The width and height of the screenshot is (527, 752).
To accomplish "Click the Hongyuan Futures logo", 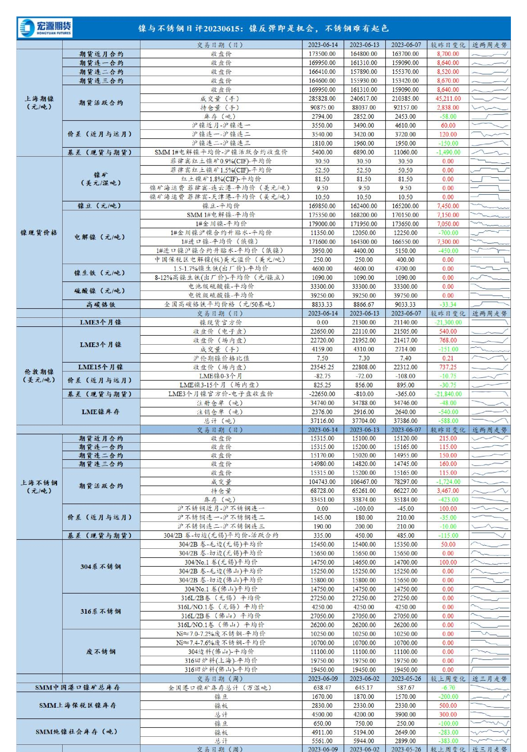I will tap(45, 28).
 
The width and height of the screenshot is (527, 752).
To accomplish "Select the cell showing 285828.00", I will tap(322, 98).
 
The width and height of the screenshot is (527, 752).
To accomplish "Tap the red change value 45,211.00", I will tap(448, 98).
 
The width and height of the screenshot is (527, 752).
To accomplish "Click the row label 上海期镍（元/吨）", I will tap(39, 103).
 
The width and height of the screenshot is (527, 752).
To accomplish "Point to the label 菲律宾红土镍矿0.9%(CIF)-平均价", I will tap(221, 161).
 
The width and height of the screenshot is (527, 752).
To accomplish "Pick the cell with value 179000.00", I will tap(322, 224).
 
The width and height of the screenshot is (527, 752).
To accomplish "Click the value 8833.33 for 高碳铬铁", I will tap(322, 304).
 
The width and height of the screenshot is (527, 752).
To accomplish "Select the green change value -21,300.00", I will tap(448, 322).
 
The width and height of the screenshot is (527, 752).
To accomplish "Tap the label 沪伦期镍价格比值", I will tap(221, 358).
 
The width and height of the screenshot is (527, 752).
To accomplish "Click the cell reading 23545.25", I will tap(322, 367).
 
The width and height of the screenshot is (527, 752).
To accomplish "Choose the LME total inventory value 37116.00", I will tap(322, 421).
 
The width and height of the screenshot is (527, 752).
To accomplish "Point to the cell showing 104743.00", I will tap(322, 482).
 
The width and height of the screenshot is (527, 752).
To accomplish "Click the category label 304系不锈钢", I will tap(101, 567).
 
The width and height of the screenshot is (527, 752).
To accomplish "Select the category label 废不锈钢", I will tap(101, 652).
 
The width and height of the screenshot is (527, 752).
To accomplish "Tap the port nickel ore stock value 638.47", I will tap(322, 688).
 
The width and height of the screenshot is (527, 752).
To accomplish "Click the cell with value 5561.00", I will tap(322, 741).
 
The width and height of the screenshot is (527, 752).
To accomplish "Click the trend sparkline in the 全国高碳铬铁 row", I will tap(490, 304).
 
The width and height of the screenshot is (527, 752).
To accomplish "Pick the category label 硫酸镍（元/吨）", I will tap(101, 291).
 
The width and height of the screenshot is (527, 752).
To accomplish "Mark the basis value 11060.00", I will tap(405, 152).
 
